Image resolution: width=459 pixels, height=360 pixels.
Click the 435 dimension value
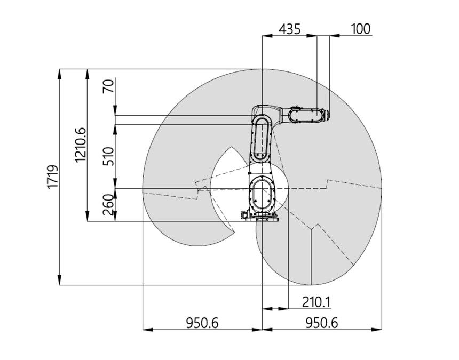pos(289,29)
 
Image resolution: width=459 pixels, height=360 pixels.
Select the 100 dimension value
pos(361,29)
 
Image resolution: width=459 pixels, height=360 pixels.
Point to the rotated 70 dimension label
pos(108,86)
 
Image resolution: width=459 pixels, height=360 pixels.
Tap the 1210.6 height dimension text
pos(81,145)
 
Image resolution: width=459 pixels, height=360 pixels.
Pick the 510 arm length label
pos(108,156)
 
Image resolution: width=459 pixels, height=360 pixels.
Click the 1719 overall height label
pos(53,177)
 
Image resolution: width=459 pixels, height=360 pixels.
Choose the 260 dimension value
pos(108,205)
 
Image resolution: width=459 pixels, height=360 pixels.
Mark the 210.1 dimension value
pos(316,302)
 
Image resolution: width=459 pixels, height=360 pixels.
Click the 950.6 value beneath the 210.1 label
pos(322,323)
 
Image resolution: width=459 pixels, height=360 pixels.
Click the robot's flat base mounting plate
pos(262,219)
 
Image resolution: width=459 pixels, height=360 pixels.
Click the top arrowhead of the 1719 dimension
pos(60,74)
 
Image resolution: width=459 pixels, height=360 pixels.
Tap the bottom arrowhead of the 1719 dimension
pos(60,280)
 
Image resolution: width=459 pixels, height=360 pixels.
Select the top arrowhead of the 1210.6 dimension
pos(87,74)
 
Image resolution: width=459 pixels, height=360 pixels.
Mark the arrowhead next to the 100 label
pos(334,36)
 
